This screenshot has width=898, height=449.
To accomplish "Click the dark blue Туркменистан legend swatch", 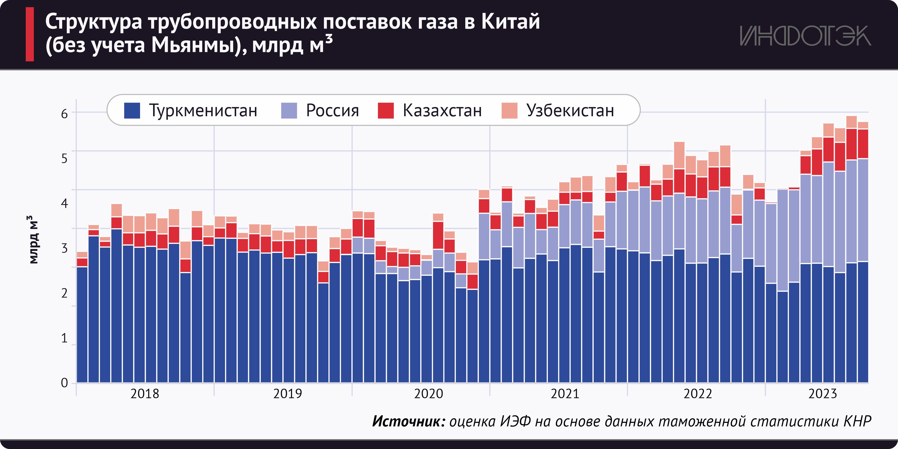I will (x=132, y=110).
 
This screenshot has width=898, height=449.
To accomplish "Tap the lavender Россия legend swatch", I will (x=289, y=110).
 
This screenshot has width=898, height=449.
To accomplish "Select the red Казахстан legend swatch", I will (x=385, y=110).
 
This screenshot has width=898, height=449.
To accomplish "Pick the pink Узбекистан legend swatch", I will (x=509, y=110).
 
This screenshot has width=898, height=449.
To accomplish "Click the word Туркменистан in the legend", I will (x=203, y=110).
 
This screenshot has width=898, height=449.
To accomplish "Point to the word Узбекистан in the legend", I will (x=570, y=110).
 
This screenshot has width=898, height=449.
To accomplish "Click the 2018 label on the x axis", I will (x=145, y=394).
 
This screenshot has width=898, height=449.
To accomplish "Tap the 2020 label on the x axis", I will (x=428, y=394).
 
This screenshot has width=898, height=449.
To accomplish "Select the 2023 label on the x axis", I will (x=822, y=394).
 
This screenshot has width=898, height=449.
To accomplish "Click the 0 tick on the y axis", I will (x=65, y=383).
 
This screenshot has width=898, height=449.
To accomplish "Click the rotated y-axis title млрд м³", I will (x=33, y=240).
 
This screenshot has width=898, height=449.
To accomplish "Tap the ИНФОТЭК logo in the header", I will (x=805, y=36).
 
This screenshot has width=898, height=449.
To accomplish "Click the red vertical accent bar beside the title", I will (x=30, y=34).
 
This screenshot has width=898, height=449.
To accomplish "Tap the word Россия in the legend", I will (x=332, y=110).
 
